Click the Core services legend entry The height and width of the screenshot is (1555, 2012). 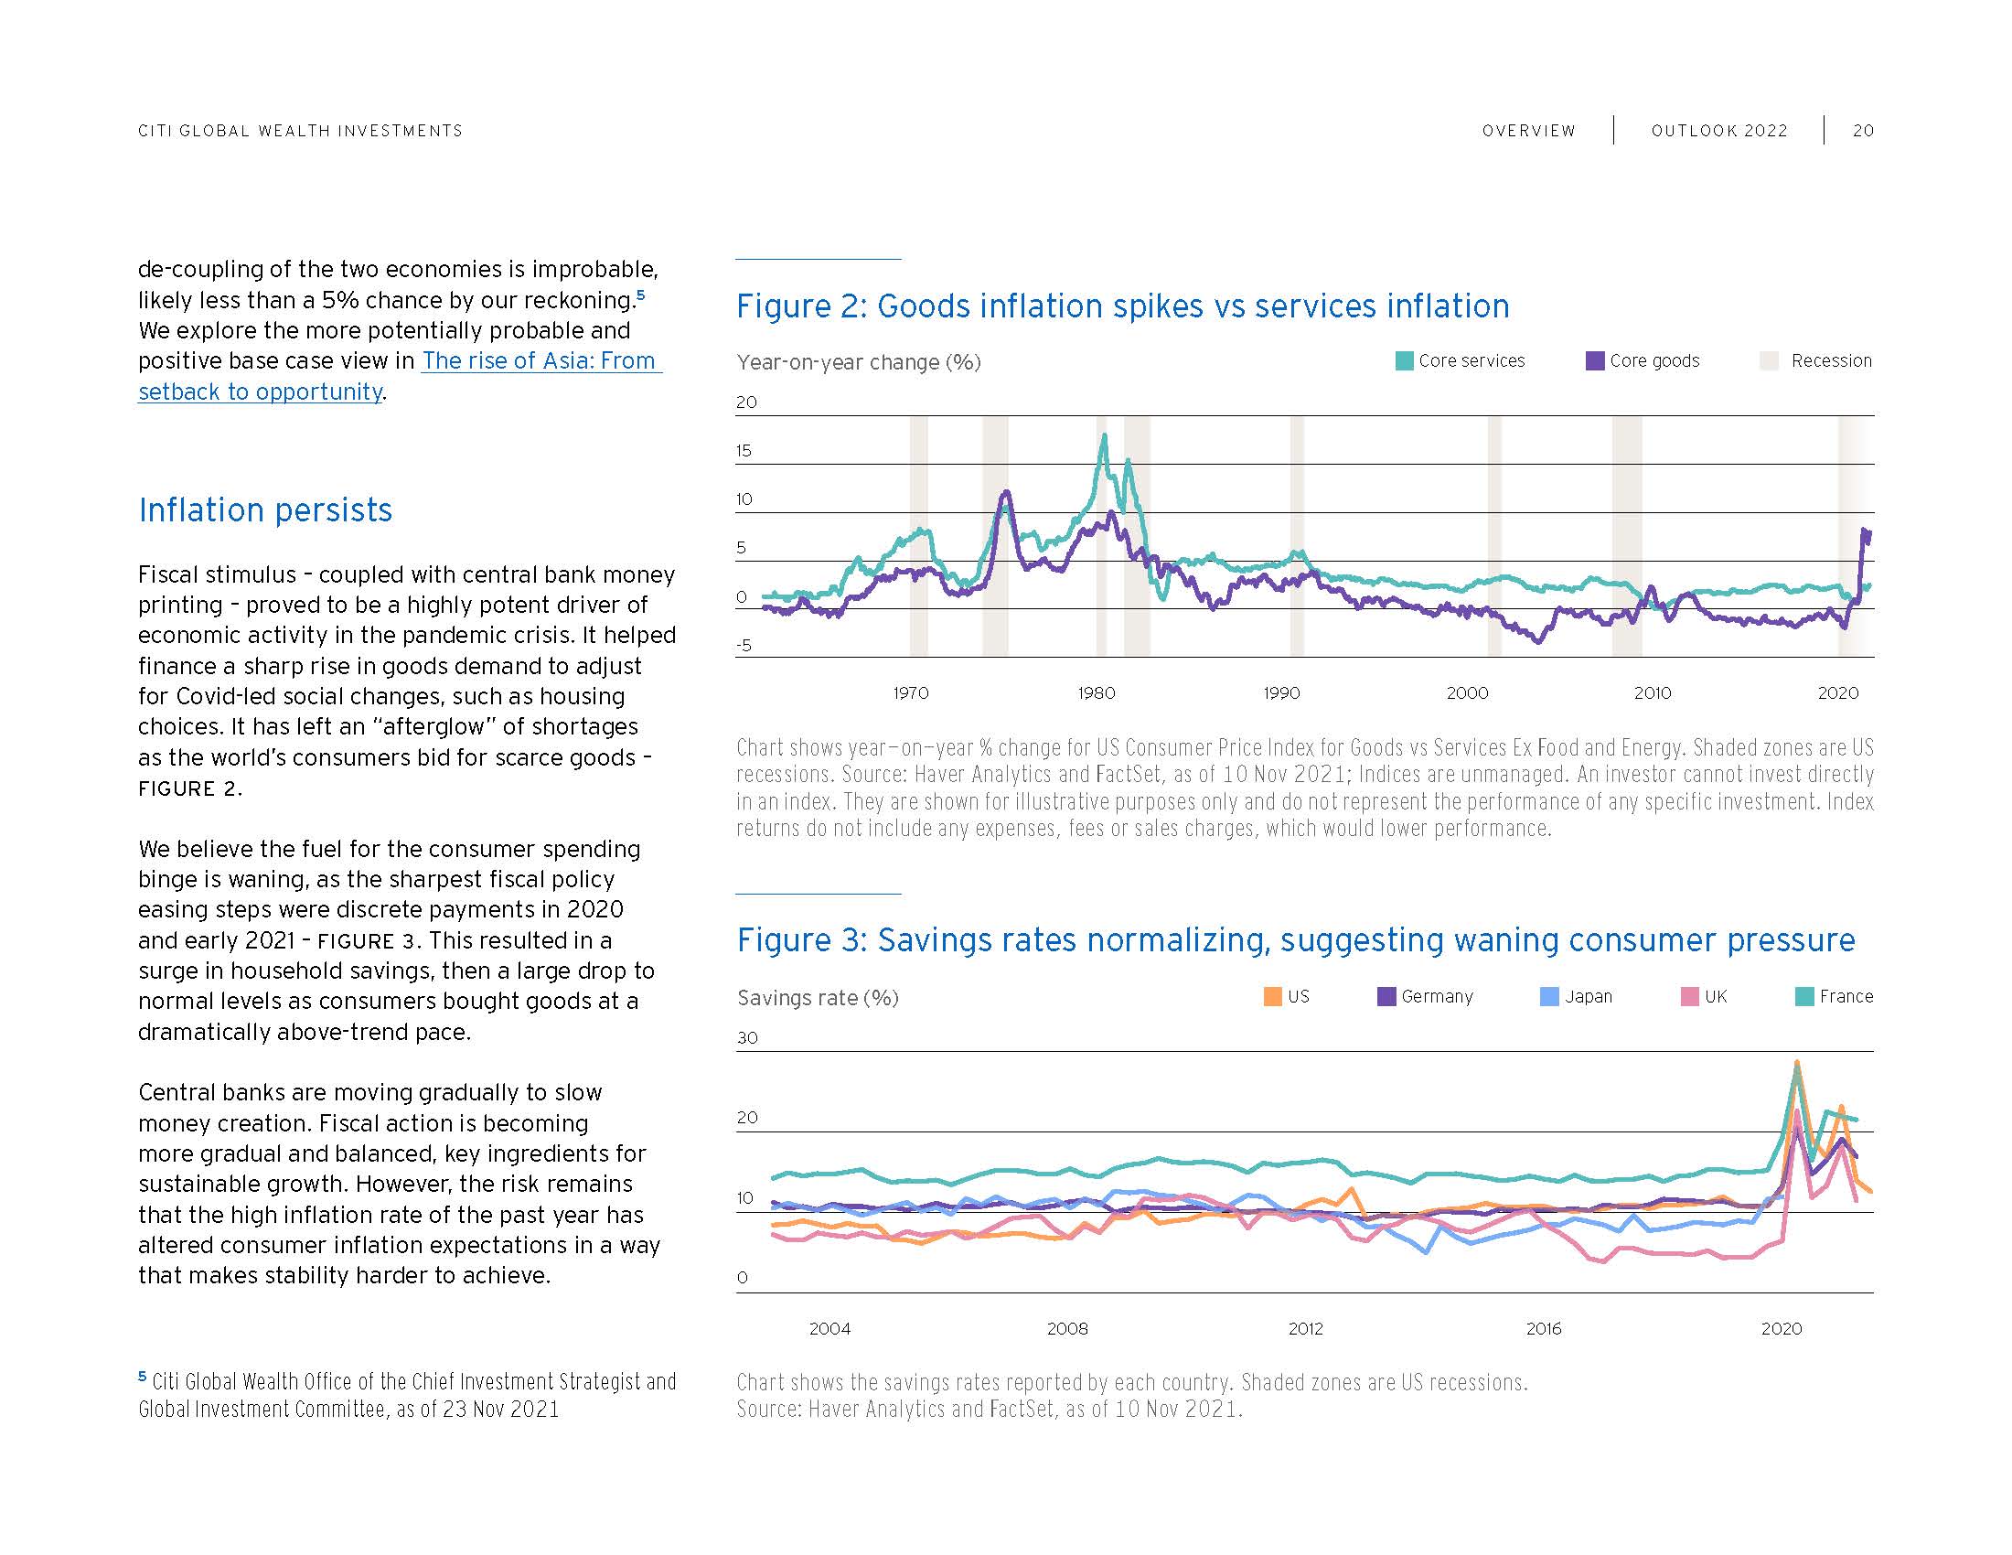pyautogui.click(x=1461, y=361)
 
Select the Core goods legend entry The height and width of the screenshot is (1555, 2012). pyautogui.click(x=1643, y=361)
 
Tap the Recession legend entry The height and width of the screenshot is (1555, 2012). pyautogui.click(x=1816, y=361)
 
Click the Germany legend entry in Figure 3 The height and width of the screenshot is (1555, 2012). pyautogui.click(x=1425, y=997)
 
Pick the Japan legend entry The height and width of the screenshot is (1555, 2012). pyautogui.click(x=1577, y=997)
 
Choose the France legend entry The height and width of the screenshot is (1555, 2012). pyautogui.click(x=1835, y=997)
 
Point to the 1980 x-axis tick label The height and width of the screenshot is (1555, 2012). pyautogui.click(x=1097, y=692)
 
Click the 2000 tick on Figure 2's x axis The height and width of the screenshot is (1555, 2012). pyautogui.click(x=1467, y=692)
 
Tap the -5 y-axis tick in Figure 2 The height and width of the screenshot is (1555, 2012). pyautogui.click(x=744, y=645)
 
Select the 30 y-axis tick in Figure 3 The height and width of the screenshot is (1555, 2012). pyautogui.click(x=747, y=1038)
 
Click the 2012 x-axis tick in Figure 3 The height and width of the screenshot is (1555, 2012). pyautogui.click(x=1305, y=1328)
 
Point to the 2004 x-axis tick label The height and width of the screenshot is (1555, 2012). pyautogui.click(x=829, y=1328)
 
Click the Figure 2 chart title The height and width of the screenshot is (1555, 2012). pyautogui.click(x=1122, y=306)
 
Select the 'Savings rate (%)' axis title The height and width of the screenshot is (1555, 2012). pyautogui.click(x=817, y=998)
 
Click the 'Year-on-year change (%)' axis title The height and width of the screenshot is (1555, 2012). pyautogui.click(x=859, y=362)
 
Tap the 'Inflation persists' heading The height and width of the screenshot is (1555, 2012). pyautogui.click(x=265, y=509)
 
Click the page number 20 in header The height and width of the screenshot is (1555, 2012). pyautogui.click(x=1863, y=131)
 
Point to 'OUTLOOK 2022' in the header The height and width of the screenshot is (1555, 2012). pyautogui.click(x=1719, y=131)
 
